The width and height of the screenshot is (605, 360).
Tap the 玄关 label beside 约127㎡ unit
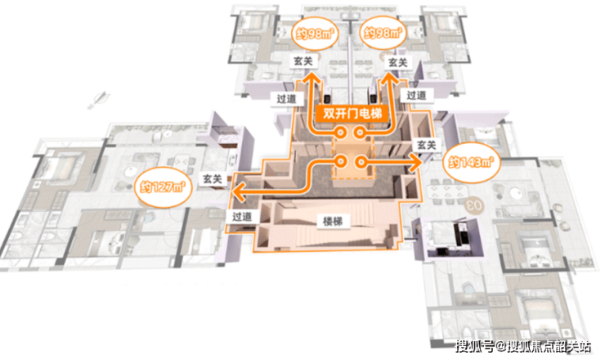(x=213, y=178)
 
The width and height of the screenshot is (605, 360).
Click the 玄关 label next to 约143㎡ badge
(x=426, y=144)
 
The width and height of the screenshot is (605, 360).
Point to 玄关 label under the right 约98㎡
(x=397, y=62)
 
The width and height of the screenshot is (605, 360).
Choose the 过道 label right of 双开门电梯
(x=415, y=96)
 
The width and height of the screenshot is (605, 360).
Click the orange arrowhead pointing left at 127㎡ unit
(x=235, y=193)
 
